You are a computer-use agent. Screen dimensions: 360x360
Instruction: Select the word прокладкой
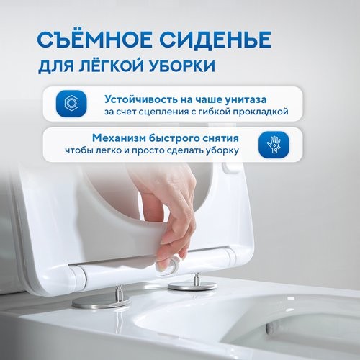(x=257, y=112)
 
